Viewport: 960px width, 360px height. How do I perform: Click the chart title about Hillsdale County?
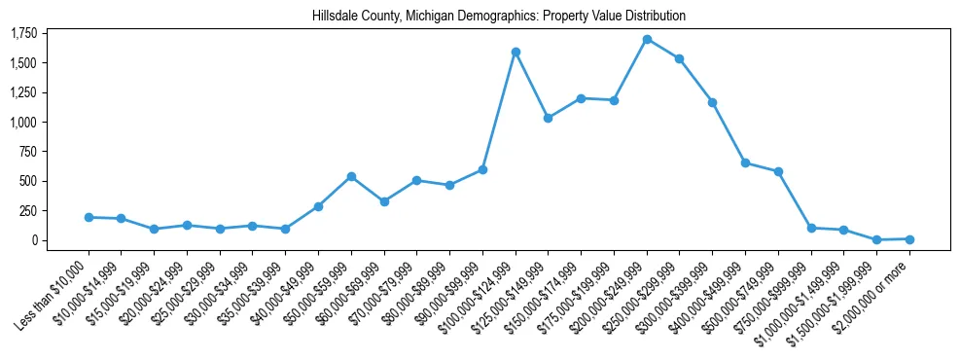(499, 17)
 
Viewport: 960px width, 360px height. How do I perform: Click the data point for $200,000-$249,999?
(647, 39)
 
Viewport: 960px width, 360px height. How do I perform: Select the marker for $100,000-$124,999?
(516, 52)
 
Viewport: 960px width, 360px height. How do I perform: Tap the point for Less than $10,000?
(89, 217)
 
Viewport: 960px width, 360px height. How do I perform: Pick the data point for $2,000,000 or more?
(909, 238)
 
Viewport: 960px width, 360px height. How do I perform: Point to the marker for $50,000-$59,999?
(351, 176)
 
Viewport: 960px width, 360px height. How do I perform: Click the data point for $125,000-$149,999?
(549, 118)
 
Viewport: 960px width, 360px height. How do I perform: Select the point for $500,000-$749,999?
(778, 171)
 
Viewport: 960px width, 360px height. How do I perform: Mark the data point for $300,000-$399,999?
(713, 102)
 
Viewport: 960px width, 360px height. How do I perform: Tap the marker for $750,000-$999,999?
(811, 228)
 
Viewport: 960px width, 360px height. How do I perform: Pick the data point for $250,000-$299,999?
(680, 58)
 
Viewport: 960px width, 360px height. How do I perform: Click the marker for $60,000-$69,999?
(384, 201)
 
